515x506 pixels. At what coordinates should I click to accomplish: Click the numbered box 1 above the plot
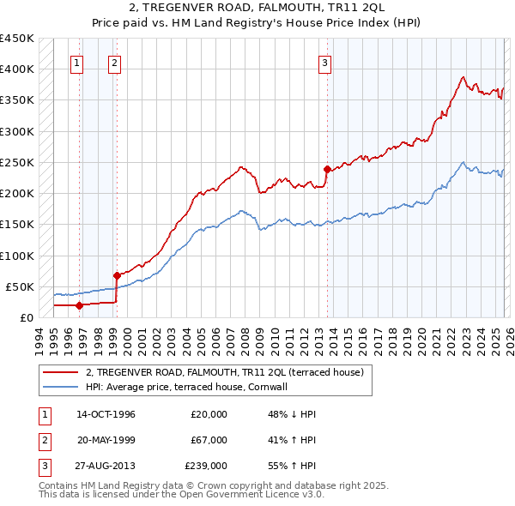coord(77,62)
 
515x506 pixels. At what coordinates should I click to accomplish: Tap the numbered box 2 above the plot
coord(114,62)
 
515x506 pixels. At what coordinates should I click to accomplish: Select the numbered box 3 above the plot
coord(325,62)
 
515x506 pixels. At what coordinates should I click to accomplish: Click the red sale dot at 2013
coord(327,169)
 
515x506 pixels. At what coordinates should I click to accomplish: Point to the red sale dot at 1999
coord(117,275)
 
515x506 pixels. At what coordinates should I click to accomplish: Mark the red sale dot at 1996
coord(79,304)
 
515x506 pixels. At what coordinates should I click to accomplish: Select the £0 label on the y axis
coord(25,317)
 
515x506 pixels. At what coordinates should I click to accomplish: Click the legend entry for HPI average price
coord(190,387)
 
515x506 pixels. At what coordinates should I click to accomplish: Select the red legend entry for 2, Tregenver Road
coord(225,372)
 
